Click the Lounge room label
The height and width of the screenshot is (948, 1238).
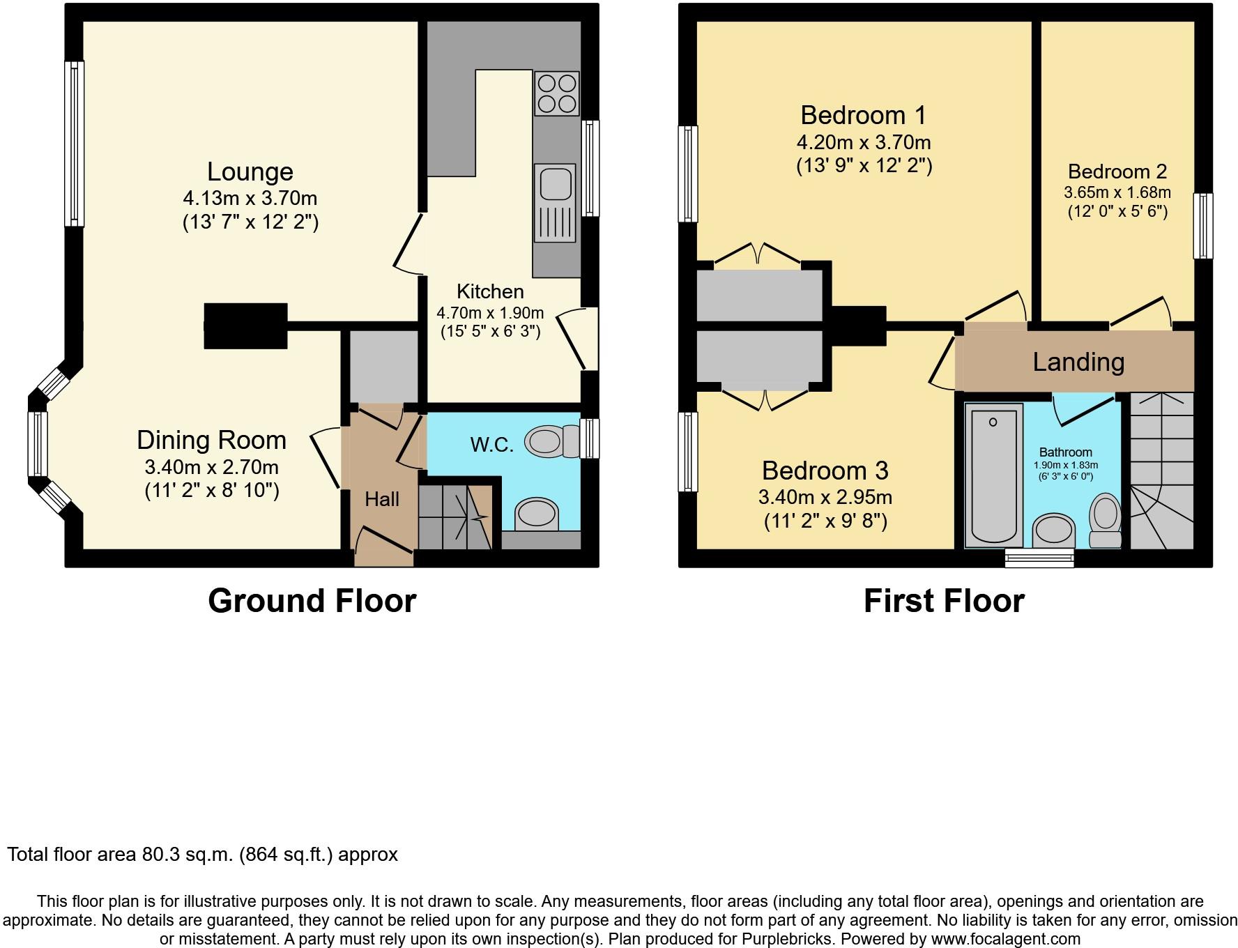[x=250, y=171]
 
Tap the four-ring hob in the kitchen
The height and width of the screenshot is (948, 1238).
[x=557, y=93]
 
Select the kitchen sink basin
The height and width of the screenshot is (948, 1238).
[x=555, y=183]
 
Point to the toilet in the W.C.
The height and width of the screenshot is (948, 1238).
[x=552, y=441]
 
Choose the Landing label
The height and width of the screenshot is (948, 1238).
[x=1078, y=362]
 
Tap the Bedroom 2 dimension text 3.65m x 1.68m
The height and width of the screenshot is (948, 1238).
[x=1117, y=192]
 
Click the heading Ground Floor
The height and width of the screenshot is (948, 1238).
[x=312, y=601]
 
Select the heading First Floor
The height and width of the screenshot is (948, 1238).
[x=944, y=601]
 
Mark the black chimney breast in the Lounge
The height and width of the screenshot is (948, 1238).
[x=245, y=326]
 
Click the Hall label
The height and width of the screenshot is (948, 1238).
[x=382, y=499]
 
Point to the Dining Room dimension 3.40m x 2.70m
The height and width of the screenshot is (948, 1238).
[x=212, y=467]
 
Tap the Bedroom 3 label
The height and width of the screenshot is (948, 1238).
[x=825, y=471]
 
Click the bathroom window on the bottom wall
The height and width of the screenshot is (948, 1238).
[x=1039, y=558]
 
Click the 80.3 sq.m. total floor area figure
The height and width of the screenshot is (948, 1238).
[x=183, y=855]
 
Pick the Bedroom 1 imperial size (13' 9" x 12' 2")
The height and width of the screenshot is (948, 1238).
[x=864, y=166]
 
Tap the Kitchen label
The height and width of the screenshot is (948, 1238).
[x=490, y=291]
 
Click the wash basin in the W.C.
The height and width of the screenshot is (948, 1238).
[x=537, y=514]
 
